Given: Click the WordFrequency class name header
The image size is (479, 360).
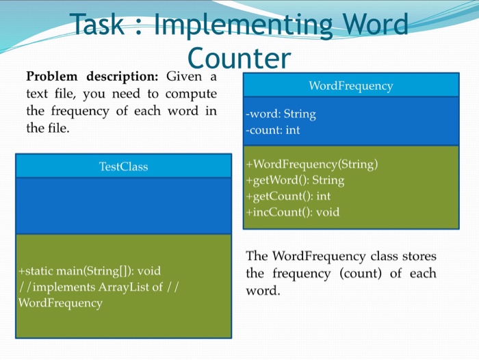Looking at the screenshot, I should tap(350, 86).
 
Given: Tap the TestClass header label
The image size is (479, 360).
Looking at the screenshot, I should tap(123, 166).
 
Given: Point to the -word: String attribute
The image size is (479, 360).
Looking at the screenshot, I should tap(281, 114).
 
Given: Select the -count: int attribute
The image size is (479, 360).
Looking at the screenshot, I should tap(273, 129).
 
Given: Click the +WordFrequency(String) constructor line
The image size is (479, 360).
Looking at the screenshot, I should tap(312, 164).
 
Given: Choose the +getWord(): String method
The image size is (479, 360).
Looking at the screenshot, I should tap(295, 180).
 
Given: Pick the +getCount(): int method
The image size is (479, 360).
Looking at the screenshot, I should tap(288, 196).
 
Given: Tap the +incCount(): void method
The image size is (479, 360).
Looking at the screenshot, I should tap(292, 211).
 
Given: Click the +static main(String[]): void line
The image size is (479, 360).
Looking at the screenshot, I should tap(90, 271).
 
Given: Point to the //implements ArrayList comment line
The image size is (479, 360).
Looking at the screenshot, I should tap(99, 287).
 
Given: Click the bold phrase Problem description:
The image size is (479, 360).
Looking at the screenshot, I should tap(92, 76).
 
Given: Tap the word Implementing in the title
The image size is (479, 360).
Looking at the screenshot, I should tap(243, 25).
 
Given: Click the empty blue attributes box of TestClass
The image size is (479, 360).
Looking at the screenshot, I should tap(123, 205).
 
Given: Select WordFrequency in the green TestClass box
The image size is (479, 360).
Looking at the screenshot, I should tap(60, 303).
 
